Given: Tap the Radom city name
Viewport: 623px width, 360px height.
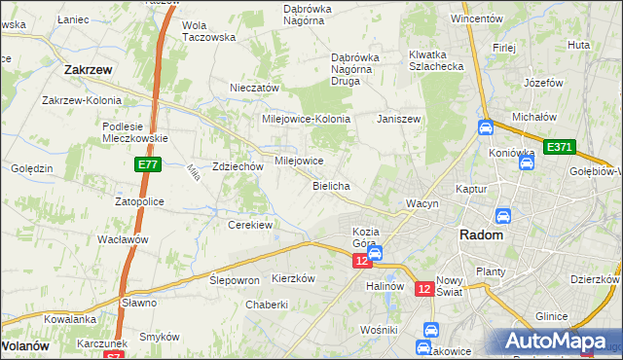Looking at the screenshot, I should click(481, 235).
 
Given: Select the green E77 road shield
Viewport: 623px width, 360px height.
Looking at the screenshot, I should click(148, 166).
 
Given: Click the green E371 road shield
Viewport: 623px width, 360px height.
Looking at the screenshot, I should click(560, 147).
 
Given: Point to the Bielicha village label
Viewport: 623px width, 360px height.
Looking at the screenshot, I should click(331, 185).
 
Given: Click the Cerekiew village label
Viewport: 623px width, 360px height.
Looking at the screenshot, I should click(249, 225).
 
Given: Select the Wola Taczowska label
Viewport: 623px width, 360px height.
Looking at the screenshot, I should click(209, 31).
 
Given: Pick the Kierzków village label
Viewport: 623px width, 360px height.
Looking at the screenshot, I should click(294, 277).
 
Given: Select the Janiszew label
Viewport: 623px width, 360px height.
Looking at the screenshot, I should click(397, 118).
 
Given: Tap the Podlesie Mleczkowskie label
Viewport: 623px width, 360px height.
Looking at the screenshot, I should click(136, 131).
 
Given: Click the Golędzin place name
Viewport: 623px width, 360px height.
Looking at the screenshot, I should click(32, 168).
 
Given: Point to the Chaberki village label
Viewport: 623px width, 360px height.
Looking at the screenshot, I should click(266, 304).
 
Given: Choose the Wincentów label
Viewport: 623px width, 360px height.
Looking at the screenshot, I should click(476, 18).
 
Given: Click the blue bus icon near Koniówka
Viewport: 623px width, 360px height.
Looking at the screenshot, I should click(526, 162).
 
